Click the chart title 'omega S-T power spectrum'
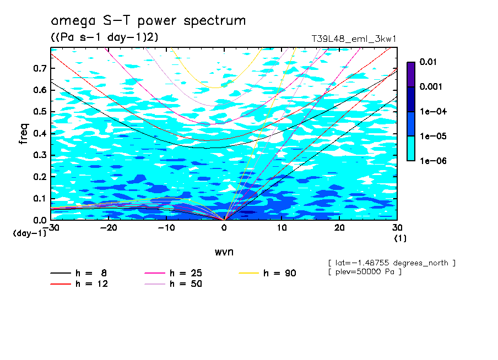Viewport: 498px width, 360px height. click(148, 21)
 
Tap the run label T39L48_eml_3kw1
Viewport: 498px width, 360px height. click(354, 39)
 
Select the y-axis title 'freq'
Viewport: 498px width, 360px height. click(24, 134)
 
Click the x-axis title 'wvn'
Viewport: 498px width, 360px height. click(224, 252)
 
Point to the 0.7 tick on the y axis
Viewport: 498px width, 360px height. click(40, 68)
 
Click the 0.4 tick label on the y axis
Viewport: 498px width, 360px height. click(40, 133)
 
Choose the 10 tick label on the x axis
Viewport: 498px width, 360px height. click(282, 228)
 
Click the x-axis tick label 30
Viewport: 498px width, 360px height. click(397, 228)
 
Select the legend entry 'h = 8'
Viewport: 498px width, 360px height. click(91, 273)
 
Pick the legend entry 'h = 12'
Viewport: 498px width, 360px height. click(91, 284)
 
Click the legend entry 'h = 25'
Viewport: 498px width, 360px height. click(186, 273)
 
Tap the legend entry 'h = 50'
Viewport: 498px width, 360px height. click(186, 284)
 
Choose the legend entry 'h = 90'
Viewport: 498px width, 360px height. click(280, 273)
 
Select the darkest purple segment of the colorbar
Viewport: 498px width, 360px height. click(410, 74)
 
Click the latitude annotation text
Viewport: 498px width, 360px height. click(391, 263)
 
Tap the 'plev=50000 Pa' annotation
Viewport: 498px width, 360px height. click(364, 272)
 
